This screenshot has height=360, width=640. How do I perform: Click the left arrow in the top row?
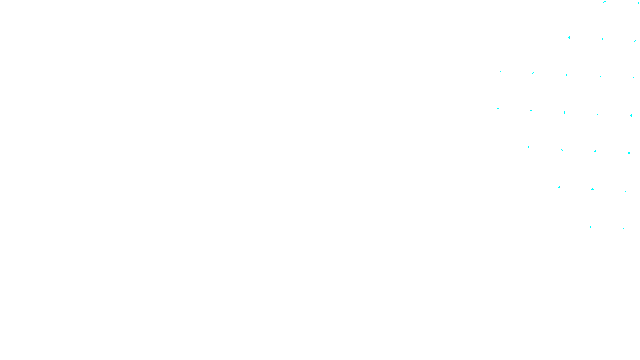(x=604, y=2)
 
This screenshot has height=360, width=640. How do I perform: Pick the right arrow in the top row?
(x=637, y=4)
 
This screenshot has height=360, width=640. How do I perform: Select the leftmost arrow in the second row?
(x=568, y=38)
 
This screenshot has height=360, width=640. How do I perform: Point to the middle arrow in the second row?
(x=602, y=40)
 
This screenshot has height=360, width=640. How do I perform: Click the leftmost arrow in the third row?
(x=500, y=72)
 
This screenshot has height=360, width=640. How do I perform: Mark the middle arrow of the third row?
(x=566, y=75)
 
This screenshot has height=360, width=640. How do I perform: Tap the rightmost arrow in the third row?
(x=633, y=78)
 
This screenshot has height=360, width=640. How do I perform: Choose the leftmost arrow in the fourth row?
(x=498, y=108)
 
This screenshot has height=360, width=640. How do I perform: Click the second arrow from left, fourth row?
(x=531, y=110)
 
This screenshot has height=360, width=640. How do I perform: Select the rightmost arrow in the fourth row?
(x=631, y=116)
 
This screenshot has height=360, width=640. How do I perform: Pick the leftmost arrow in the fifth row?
(x=528, y=148)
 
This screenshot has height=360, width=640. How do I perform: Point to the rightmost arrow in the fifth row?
(x=629, y=153)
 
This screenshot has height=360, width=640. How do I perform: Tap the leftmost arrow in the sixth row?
(x=559, y=187)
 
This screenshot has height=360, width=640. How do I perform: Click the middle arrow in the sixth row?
(x=592, y=189)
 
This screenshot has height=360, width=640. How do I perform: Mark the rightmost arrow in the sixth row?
(x=626, y=192)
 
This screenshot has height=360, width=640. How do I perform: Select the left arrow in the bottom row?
(x=590, y=228)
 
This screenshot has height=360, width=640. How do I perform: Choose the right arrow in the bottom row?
(x=623, y=229)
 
